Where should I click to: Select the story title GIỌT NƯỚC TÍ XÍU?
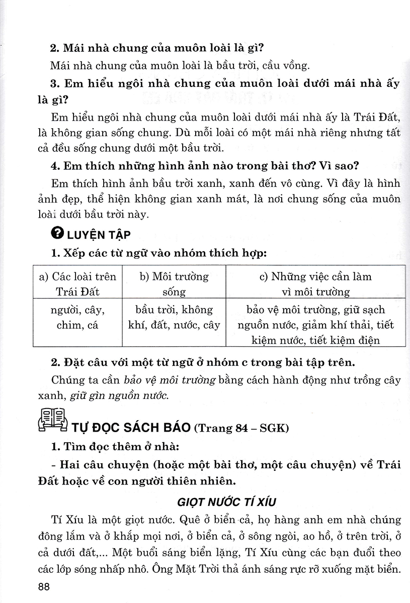coord(226,502)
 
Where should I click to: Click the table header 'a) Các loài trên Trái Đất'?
coord(77,283)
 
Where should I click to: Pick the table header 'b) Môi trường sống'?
coord(174,283)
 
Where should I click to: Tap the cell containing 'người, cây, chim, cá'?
coord(77,317)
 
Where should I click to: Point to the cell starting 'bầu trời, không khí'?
coord(174,317)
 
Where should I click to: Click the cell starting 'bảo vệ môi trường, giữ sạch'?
coord(316,325)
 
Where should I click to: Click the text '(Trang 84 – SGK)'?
coord(240,428)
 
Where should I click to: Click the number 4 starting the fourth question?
coord(54,166)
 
